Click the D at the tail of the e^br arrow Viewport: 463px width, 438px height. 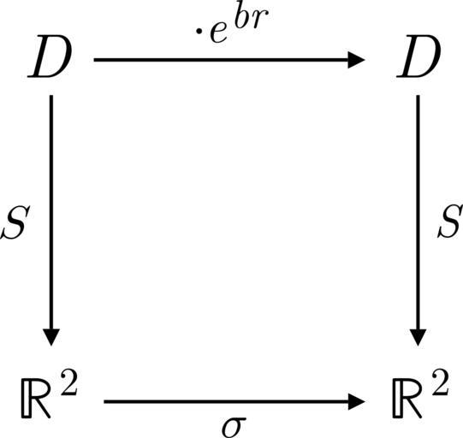[50, 56]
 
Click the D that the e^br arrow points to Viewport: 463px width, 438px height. [418, 56]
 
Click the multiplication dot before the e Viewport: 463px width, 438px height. [200, 31]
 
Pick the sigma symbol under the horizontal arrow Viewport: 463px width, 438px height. [234, 428]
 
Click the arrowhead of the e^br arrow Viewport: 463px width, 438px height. [357, 60]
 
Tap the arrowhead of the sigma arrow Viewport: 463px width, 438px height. [357, 402]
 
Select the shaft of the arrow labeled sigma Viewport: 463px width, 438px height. [226, 402]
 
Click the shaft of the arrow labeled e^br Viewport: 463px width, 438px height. [221, 60]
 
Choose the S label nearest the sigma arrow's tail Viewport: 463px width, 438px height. [15, 222]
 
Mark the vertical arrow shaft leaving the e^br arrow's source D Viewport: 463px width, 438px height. [51, 212]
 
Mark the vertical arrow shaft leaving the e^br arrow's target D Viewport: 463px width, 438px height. [418, 212]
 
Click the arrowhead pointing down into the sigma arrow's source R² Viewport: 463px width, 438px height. [51, 337]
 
